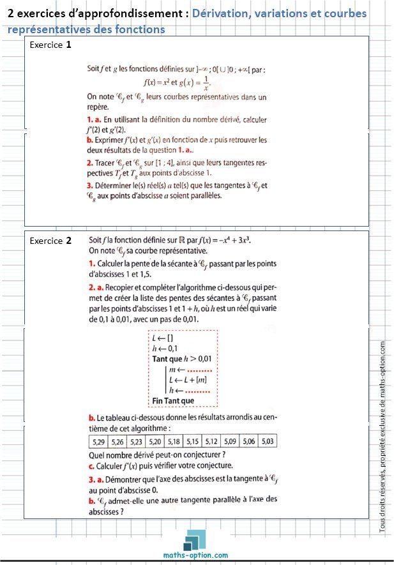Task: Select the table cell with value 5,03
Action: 268,442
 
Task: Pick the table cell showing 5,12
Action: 211,442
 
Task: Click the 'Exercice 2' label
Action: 50,241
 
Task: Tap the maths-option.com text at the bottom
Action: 196,555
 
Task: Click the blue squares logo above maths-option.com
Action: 196,540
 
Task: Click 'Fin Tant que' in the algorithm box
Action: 172,401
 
